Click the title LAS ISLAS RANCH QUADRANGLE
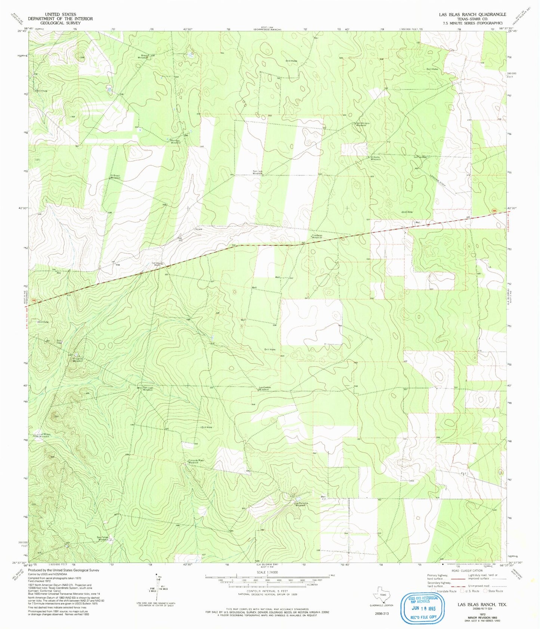point(472,14)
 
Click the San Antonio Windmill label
point(361,124)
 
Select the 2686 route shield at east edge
point(494,212)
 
